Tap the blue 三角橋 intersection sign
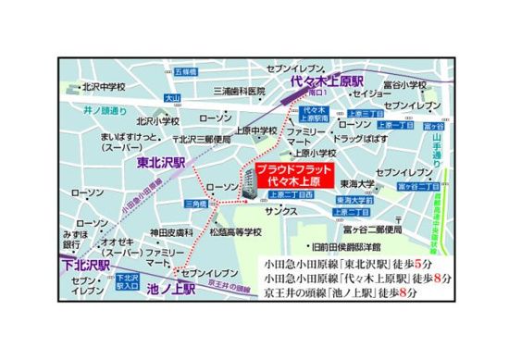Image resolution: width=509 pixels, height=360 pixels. click(196, 203)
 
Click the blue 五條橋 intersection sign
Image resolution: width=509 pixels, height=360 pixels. click(185, 70)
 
